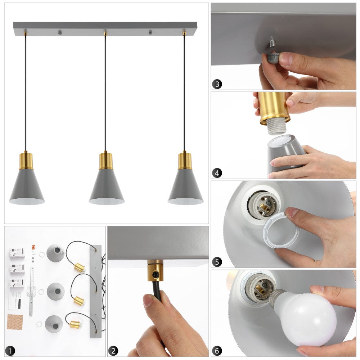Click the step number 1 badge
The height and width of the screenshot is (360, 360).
pos(10,351)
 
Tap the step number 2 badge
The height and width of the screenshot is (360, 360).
pos(113,351)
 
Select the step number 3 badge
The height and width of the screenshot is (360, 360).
pos(217,84)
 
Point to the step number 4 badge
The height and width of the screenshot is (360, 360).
pos(217,173)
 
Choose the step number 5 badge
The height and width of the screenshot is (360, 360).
pos(217,262)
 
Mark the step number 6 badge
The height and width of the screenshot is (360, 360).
pos(217,351)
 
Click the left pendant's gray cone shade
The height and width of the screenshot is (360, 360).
pos(27,186)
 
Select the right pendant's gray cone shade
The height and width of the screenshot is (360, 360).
pos(185,186)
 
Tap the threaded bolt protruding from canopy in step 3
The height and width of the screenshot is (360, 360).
pos(272,44)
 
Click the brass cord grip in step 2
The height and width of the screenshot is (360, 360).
pos(155,271)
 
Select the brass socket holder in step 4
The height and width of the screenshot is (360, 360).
pos(274,108)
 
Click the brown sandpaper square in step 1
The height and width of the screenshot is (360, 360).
pos(15,321)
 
